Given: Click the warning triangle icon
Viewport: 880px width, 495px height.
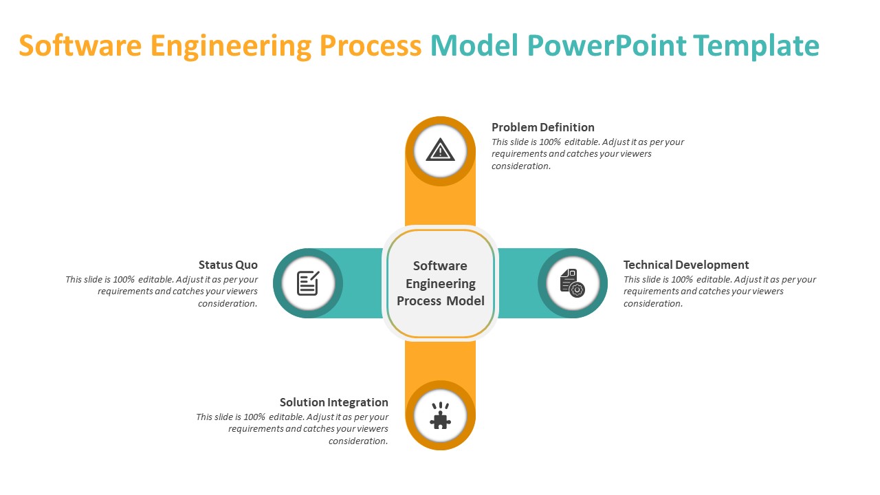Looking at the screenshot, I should coord(440,150).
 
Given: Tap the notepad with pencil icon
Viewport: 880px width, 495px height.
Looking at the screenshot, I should coord(308,283).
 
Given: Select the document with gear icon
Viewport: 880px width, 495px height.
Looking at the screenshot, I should coord(572,283).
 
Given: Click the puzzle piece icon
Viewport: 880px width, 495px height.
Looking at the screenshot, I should coord(440,416).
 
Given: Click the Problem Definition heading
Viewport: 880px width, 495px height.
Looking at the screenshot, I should coord(543,127).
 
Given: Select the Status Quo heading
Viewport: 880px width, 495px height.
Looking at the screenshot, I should coord(228,265).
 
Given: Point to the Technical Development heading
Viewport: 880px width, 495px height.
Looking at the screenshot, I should coord(686,265).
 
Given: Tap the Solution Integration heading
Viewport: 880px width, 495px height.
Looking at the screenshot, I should coord(334,402).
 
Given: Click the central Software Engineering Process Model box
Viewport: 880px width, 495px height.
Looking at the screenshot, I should coord(440,283).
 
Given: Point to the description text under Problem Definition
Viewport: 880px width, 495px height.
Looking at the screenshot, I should coord(588,154).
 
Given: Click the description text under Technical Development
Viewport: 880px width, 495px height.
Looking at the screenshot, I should coord(720,291).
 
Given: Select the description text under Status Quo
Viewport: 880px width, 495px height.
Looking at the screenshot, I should coord(162,291).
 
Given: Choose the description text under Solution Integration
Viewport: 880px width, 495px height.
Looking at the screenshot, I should coord(292,429).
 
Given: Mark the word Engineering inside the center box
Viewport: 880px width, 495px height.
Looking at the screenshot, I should coord(440,283).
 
